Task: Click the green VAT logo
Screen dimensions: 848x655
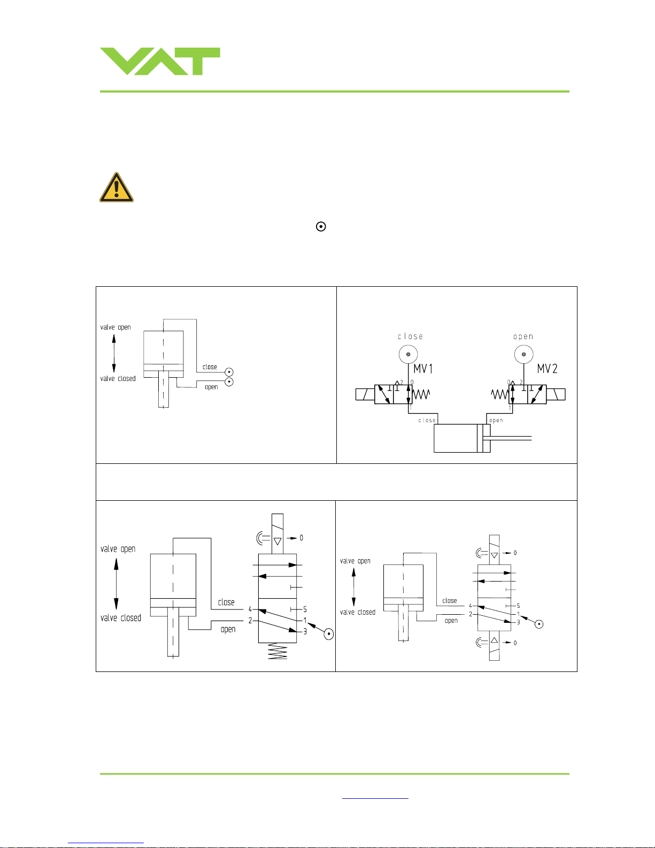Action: [160, 61]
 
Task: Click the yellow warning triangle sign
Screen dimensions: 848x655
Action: [117, 188]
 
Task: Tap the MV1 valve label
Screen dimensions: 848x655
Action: [423, 369]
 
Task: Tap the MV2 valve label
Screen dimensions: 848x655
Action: [547, 369]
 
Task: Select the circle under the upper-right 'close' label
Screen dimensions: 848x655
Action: [408, 354]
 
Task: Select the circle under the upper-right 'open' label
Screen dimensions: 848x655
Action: [523, 354]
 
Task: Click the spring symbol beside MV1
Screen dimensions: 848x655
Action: [421, 394]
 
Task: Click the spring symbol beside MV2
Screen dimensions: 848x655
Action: [499, 394]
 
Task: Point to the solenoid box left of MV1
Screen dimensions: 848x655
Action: [365, 394]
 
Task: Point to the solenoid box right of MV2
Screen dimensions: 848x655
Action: [556, 394]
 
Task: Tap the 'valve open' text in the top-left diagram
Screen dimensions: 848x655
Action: [115, 327]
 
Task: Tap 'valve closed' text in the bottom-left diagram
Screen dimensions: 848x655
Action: [121, 618]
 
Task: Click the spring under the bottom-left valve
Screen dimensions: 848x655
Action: [278, 652]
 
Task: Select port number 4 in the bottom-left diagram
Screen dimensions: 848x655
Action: [250, 609]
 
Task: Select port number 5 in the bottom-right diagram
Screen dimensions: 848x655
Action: [518, 606]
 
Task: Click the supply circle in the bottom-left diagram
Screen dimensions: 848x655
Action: [329, 634]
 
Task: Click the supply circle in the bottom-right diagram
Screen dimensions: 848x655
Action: [539, 624]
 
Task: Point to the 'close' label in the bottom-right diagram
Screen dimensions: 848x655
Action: [450, 601]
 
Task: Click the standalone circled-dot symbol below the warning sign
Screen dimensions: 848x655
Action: [321, 226]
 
